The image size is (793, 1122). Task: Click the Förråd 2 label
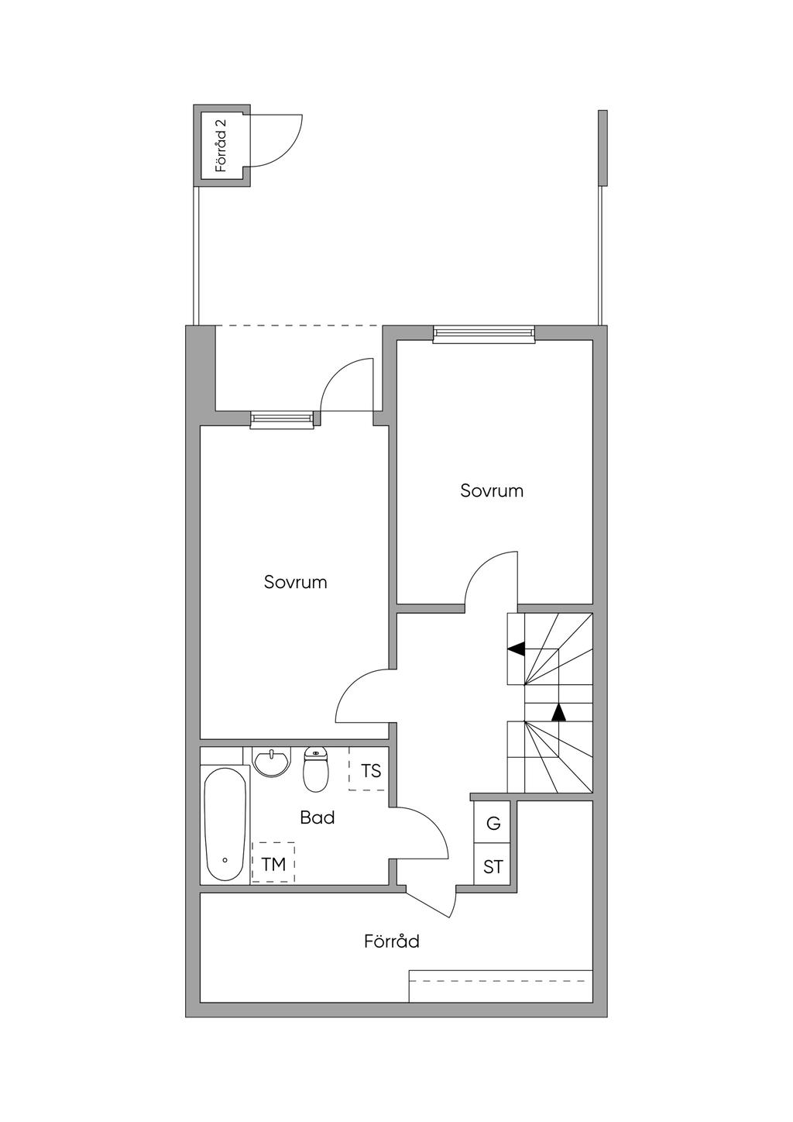coord(221,146)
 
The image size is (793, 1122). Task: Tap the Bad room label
coord(318,818)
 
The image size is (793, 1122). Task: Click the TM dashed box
coord(273,862)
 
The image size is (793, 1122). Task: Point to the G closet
coord(492,822)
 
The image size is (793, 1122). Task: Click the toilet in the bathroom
coord(315,769)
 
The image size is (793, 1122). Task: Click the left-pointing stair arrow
coord(517,649)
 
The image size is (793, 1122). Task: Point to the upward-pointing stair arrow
coord(558,712)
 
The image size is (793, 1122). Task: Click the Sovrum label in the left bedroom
coord(295,582)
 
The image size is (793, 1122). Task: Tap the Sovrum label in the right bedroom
coord(492,490)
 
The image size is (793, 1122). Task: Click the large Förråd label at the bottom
coord(392,941)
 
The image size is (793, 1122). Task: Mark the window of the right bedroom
coord(483,334)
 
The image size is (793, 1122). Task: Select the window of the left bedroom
coord(282,420)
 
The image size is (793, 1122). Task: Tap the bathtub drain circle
coord(225,861)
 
